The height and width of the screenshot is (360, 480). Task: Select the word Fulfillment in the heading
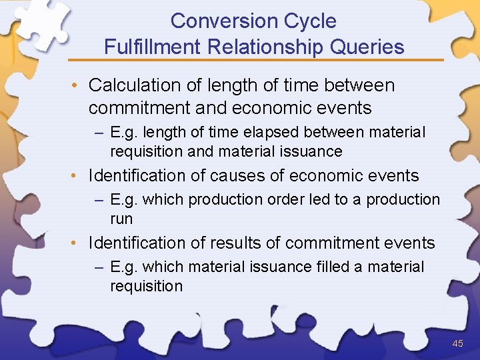coord(153,47)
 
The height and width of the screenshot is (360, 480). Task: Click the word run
coord(121,219)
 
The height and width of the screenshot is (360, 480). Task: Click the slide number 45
coord(457,344)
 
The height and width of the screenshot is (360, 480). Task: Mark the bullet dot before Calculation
coord(77,86)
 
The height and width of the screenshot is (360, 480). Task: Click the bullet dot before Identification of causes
coord(77,177)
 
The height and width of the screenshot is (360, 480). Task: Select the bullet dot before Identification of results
coord(77,243)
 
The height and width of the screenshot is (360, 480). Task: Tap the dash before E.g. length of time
coord(99,133)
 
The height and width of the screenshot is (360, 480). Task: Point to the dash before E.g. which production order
coord(99,200)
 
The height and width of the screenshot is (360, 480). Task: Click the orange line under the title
coord(267,60)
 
